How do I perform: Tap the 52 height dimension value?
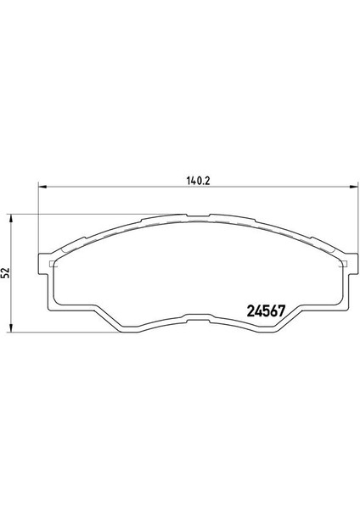tap(6, 272)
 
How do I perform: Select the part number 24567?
tap(264, 310)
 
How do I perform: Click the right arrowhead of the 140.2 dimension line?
tap(348, 189)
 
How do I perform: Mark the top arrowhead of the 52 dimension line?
tap(10, 218)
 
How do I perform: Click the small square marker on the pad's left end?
tap(53, 264)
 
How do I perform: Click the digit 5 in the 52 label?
tap(6, 276)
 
